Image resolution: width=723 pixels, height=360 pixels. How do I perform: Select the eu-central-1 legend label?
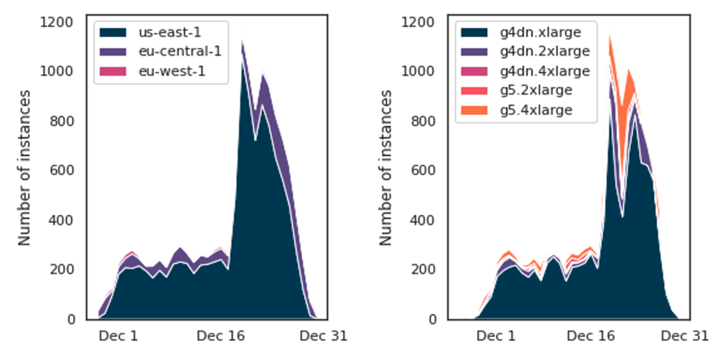[180, 51]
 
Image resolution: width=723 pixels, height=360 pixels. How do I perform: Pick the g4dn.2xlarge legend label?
[544, 51]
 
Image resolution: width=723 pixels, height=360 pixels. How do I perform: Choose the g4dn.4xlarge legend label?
[544, 71]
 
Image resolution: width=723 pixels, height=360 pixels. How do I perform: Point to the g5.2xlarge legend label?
[535, 90]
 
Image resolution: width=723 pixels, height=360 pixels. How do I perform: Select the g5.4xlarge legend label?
[535, 110]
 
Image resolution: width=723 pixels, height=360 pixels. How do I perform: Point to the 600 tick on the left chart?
[62, 170]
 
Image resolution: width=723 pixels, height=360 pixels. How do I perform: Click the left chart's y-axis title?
[25, 168]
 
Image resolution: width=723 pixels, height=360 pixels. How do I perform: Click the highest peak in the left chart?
[242, 41]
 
